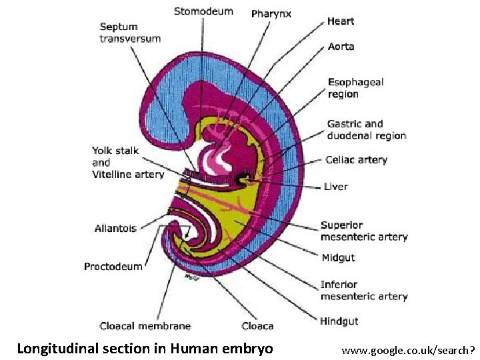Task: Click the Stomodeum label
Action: tap(203, 11)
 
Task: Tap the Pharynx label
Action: tap(271, 14)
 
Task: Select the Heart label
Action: tap(341, 21)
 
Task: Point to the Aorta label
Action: tap(341, 47)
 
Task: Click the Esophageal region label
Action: tap(355, 88)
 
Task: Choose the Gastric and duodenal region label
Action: tap(366, 129)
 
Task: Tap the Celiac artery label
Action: tap(356, 160)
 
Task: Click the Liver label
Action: tap(335, 187)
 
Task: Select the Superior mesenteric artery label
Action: tap(363, 231)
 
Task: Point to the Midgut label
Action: tap(338, 257)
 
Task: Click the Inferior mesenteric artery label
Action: tap(363, 290)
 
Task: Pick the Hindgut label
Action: tap(339, 321)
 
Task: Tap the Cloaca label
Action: tap(257, 326)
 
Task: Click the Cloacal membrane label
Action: tap(145, 326)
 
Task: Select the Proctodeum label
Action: tap(113, 267)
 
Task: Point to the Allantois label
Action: tap(115, 229)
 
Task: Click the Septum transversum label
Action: tap(130, 33)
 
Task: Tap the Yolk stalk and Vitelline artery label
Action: tap(127, 162)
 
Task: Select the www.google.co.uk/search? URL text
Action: tap(408, 349)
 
